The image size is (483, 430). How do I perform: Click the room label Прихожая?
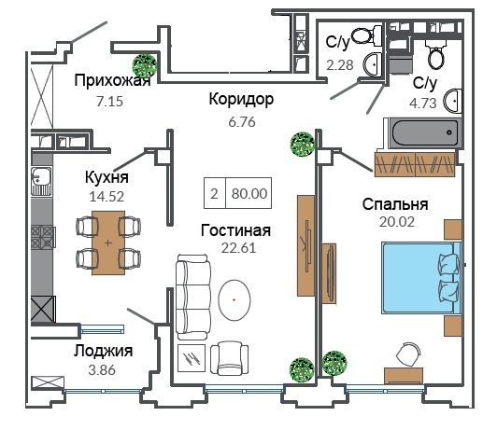pyautogui.click(x=112, y=80)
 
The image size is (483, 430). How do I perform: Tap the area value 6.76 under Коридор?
pyautogui.click(x=242, y=122)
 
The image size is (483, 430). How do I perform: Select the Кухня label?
pyautogui.click(x=107, y=177)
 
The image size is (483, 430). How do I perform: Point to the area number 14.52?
pyautogui.click(x=107, y=196)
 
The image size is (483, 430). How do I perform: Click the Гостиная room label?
pyautogui.click(x=235, y=230)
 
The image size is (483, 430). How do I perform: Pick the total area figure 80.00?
pyautogui.click(x=249, y=193)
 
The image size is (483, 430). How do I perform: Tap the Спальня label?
pyautogui.click(x=395, y=204)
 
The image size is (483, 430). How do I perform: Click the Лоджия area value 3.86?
pyautogui.click(x=102, y=370)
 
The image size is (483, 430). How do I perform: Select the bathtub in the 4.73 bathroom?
pyautogui.click(x=423, y=133)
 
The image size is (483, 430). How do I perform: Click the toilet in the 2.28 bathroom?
pyautogui.click(x=366, y=35)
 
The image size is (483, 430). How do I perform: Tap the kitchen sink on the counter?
pyautogui.click(x=41, y=181)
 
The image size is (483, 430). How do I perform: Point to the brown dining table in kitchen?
pyautogui.click(x=108, y=243)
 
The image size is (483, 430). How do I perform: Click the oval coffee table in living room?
pyautogui.click(x=234, y=299)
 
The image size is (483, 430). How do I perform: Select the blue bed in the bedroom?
pyautogui.click(x=422, y=278)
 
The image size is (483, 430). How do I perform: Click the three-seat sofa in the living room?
pyautogui.click(x=192, y=297)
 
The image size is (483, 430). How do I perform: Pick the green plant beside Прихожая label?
pyautogui.click(x=144, y=65)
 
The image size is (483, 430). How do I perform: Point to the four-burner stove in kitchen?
pyautogui.click(x=42, y=237)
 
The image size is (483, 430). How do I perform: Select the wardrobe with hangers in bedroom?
pyautogui.click(x=415, y=164)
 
